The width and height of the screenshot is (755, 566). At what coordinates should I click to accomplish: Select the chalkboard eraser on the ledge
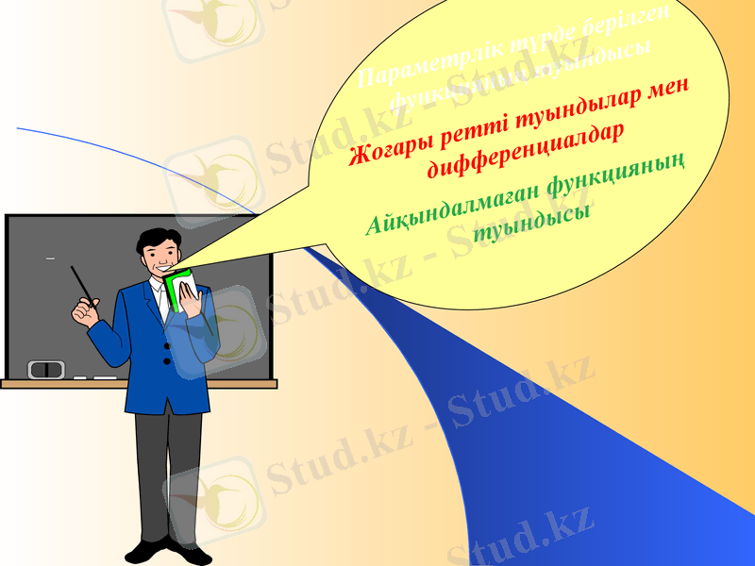coord(45,369)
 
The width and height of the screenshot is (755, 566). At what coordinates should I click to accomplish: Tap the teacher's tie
coord(163,300)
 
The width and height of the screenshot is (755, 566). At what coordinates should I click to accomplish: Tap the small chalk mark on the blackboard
coord(50,258)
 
